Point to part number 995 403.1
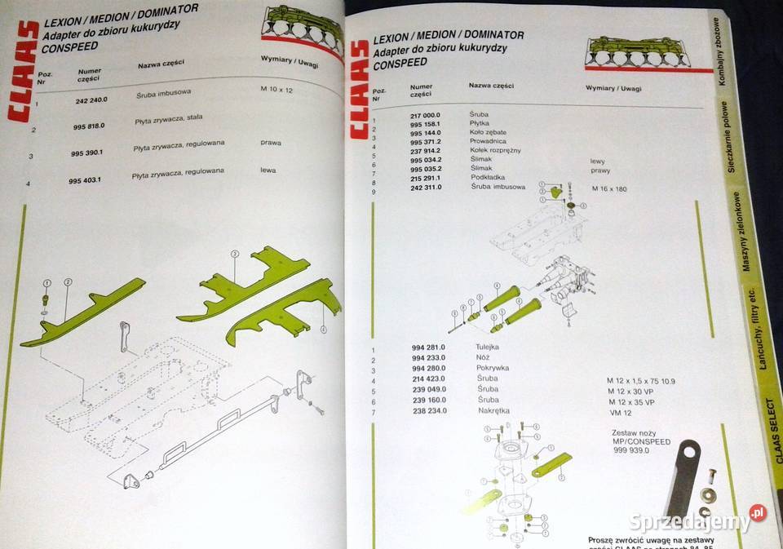pyautogui.click(x=86, y=180)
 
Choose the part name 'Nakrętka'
pyautogui.click(x=493, y=410)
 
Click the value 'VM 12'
pyautogui.click(x=620, y=413)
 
